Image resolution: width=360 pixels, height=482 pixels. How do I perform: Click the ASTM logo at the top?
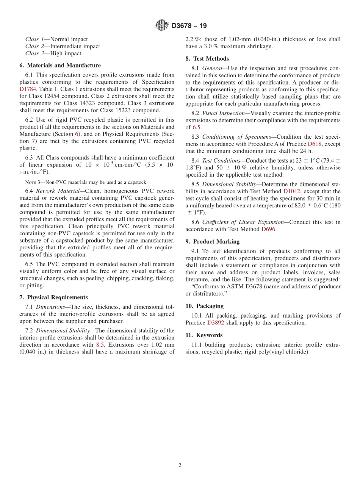point(162,25)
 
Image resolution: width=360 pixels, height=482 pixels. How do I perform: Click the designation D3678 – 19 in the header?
point(189,26)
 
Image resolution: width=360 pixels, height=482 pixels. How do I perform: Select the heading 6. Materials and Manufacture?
point(60,66)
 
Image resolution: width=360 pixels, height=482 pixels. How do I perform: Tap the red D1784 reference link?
point(28,89)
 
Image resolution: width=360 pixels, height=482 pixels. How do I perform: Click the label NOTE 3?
point(34,182)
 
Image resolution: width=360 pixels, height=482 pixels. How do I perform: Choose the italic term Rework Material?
point(58,191)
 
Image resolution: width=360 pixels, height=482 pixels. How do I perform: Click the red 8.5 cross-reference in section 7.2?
point(100,345)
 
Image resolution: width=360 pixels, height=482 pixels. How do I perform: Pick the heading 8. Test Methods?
point(207,59)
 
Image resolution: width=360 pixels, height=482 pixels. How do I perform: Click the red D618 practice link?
point(315,144)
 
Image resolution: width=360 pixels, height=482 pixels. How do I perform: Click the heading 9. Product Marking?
point(212,242)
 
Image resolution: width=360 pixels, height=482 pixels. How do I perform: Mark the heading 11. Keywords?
point(204,335)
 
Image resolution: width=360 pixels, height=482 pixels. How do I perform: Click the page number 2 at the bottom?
point(180,466)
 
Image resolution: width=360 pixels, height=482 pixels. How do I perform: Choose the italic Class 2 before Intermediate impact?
point(34,46)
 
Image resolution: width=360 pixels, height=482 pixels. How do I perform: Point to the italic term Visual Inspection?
point(224,113)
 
